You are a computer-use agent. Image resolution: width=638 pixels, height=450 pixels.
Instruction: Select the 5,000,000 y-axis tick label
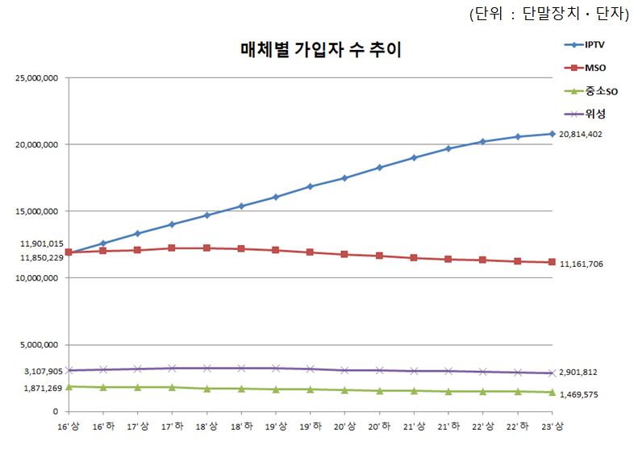[x=38, y=344]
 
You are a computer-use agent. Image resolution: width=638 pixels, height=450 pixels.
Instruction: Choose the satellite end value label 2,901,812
[x=583, y=373]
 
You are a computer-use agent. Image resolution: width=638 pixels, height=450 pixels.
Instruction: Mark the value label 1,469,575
[x=583, y=395]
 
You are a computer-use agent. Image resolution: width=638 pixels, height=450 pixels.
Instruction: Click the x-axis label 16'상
[x=69, y=426]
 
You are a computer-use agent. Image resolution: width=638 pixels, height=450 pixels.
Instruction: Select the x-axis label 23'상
[x=552, y=426]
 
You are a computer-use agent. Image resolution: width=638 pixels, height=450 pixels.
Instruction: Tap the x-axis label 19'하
[x=311, y=426]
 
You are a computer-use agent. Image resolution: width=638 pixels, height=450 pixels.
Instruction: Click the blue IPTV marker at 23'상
[x=552, y=134]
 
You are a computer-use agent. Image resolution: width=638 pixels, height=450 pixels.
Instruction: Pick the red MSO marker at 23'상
[x=552, y=262]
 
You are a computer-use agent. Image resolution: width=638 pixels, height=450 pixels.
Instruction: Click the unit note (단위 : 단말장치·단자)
[x=549, y=15]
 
